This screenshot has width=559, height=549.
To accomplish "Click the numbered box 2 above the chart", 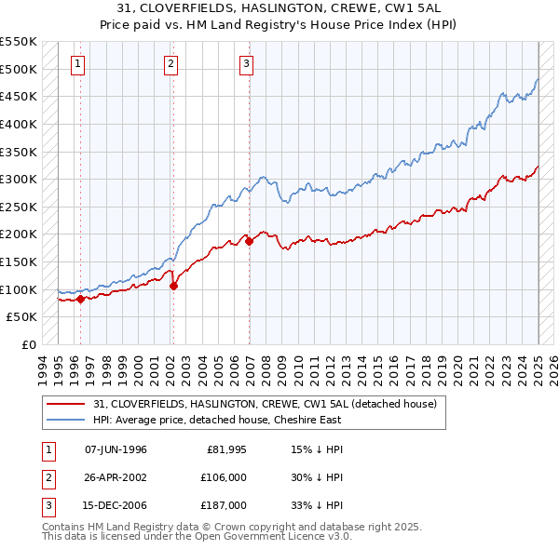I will [171, 64].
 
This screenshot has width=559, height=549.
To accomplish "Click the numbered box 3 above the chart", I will [245, 64].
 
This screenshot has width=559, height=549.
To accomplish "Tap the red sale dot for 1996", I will [80, 299].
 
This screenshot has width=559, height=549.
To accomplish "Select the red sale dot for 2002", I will [173, 286].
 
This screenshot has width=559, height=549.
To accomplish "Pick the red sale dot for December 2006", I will [250, 241].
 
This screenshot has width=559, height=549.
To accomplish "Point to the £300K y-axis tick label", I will [20, 179].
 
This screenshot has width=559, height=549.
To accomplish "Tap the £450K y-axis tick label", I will [20, 96].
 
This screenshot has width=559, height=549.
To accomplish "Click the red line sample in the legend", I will [65, 404].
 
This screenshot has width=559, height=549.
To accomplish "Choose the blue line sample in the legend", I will [65, 420].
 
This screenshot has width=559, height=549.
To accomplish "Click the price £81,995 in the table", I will [225, 449].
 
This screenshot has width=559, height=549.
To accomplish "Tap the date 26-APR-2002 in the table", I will [116, 477].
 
